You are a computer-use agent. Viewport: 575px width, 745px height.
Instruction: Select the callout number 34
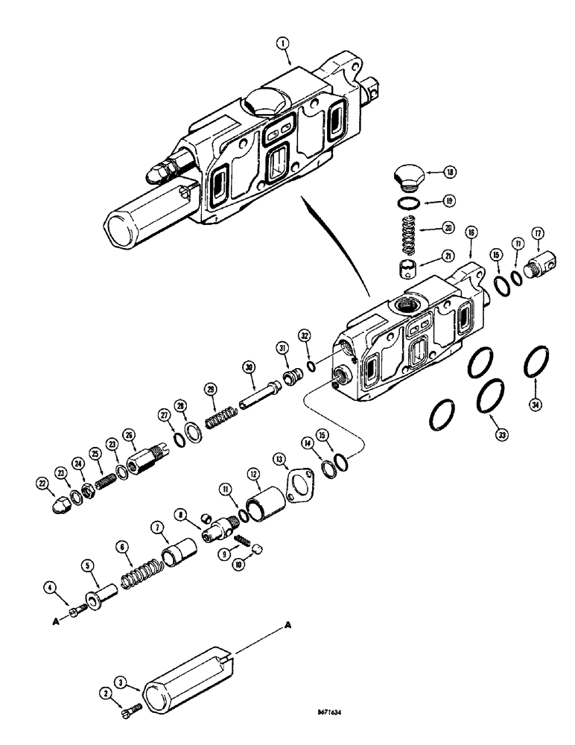[535, 405]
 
